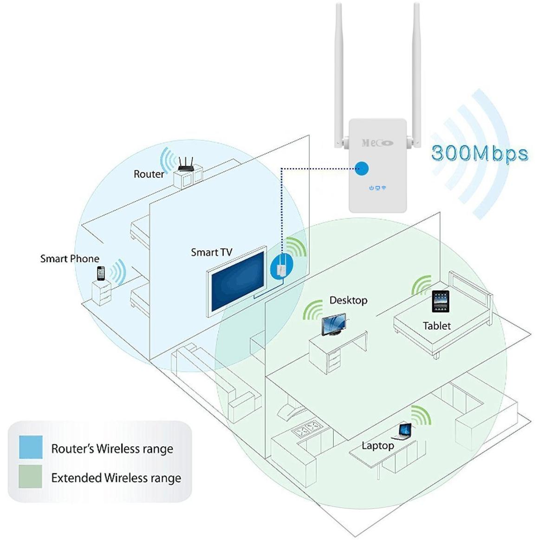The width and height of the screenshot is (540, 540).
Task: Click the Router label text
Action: pos(149,174)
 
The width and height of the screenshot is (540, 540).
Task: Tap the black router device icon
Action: pos(186,164)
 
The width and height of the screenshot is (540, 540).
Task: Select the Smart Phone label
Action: pos(70,259)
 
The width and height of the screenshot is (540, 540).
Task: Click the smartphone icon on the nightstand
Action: pos(101,273)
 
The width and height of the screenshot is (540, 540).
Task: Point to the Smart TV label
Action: pos(211,252)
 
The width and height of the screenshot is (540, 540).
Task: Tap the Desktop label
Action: pos(348,300)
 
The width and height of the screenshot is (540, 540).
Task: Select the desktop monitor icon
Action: pos(333,324)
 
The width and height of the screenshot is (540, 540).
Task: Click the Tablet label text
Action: pos(436,326)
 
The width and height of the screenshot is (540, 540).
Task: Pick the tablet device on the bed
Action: pos(440,302)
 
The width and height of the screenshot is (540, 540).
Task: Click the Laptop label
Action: pos(377,446)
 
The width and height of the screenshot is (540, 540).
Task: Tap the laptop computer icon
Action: pos(402,432)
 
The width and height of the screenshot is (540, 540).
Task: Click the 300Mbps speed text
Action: pos(479,153)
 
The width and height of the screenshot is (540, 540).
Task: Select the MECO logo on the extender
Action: pos(377,143)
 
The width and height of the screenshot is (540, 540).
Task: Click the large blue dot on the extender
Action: pos(362,169)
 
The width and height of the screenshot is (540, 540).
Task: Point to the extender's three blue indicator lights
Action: pos(377,188)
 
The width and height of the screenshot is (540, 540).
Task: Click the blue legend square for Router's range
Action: pos(31,447)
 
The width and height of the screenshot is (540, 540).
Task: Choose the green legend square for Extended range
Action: pos(31,476)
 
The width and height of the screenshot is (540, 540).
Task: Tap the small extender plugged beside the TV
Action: pos(280,269)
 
